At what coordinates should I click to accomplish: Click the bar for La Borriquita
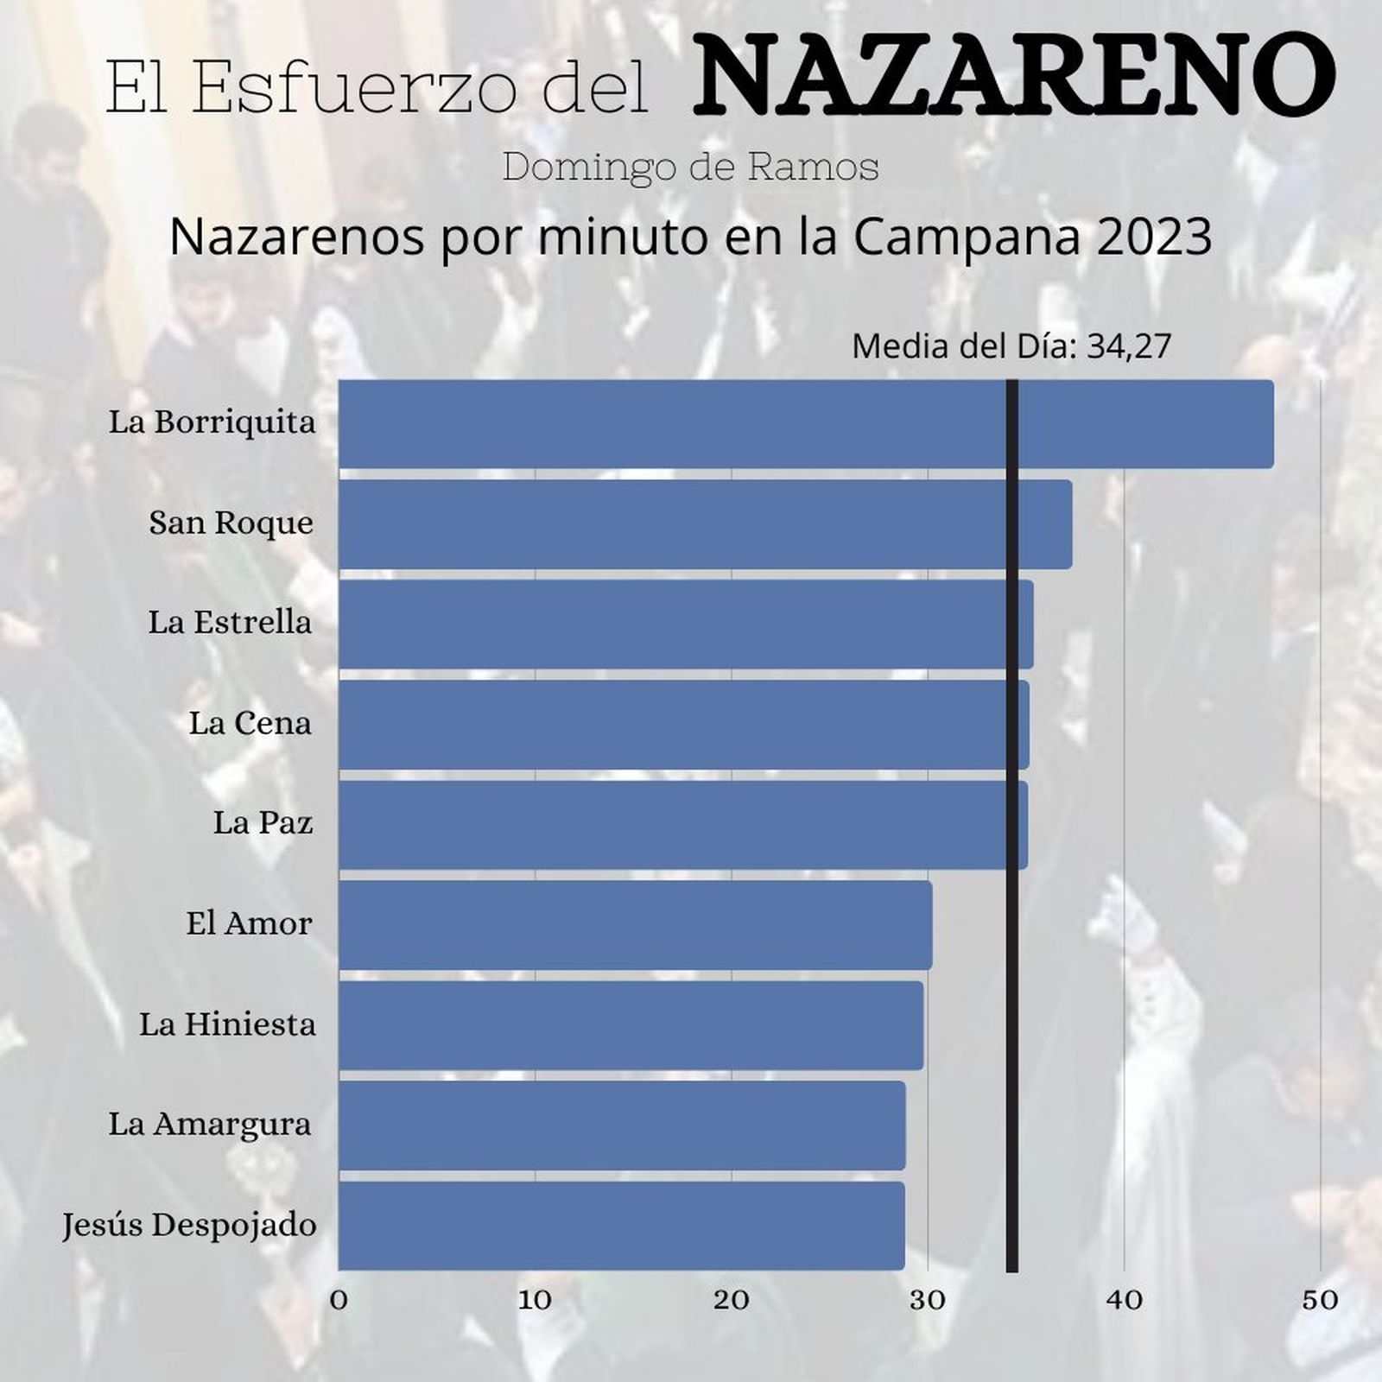(x=805, y=424)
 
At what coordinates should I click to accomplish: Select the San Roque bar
(x=705, y=524)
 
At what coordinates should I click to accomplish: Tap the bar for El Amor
(x=635, y=925)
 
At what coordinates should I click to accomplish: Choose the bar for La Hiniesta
(x=631, y=1025)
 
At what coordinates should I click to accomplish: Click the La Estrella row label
(x=230, y=623)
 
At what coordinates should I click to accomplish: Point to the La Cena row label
(x=250, y=723)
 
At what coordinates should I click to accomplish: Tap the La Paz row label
(x=263, y=823)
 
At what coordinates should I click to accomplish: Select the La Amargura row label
(x=210, y=1125)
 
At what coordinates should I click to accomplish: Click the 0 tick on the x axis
(x=339, y=1300)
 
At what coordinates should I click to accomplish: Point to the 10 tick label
(x=535, y=1300)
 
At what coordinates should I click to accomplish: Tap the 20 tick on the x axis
(x=732, y=1300)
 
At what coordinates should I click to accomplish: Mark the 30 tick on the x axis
(x=928, y=1300)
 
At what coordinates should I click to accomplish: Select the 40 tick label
(x=1125, y=1300)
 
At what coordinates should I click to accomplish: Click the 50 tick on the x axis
(x=1321, y=1300)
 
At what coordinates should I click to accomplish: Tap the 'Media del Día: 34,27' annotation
(x=1011, y=346)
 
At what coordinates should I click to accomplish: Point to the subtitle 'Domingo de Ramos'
(x=690, y=168)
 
